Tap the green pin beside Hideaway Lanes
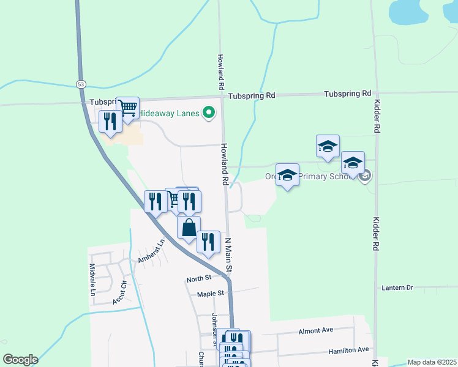209,113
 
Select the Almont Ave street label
315,330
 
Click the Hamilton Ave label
349,350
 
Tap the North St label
198,279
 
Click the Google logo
20,360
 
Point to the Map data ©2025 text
431,362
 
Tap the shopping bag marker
189,228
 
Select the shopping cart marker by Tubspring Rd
128,108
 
